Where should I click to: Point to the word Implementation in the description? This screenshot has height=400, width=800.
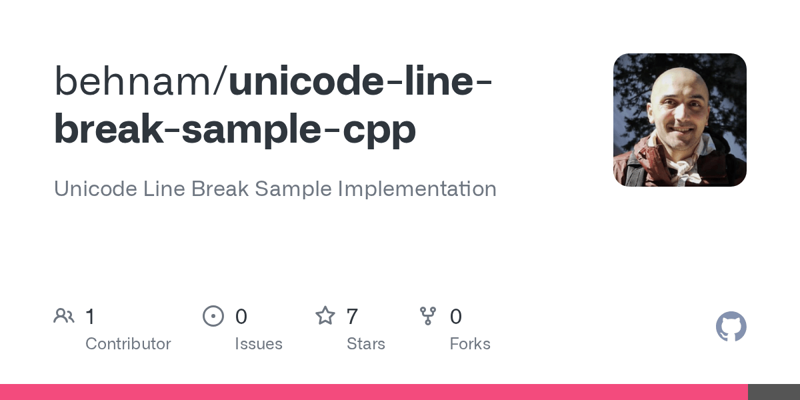pyautogui.click(x=417, y=189)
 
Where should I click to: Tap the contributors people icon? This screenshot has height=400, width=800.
pyautogui.click(x=64, y=316)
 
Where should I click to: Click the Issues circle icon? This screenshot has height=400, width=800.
pyautogui.click(x=213, y=316)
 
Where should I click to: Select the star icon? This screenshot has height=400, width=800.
pyautogui.click(x=325, y=316)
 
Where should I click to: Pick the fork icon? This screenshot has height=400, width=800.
pyautogui.click(x=428, y=316)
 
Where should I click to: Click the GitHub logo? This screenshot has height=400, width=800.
pyautogui.click(x=731, y=327)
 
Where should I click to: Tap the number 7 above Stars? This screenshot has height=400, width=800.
pyautogui.click(x=353, y=317)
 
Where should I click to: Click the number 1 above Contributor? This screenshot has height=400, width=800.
pyautogui.click(x=90, y=317)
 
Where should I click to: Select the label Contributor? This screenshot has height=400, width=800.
pyautogui.click(x=128, y=344)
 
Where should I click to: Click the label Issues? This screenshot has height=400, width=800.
pyautogui.click(x=259, y=344)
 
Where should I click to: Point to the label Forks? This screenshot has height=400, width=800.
pyautogui.click(x=470, y=344)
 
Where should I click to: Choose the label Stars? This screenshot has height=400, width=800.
pyautogui.click(x=366, y=344)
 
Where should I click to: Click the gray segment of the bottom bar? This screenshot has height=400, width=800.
pyautogui.click(x=773, y=392)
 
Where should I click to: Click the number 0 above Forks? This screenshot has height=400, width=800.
pyautogui.click(x=456, y=317)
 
